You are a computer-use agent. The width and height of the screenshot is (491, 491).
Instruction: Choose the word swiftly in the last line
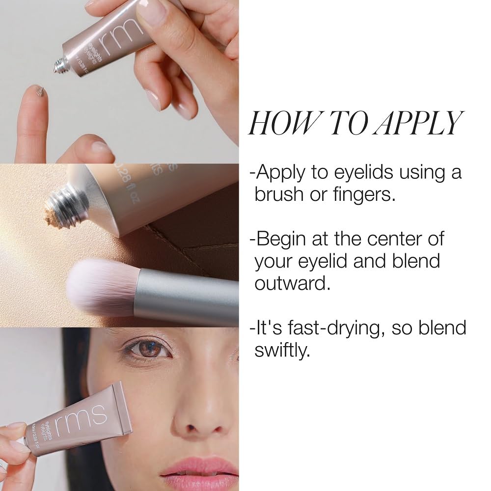pos(282,350)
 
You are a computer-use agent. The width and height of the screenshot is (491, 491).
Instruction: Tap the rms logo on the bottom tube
pos(83,417)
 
